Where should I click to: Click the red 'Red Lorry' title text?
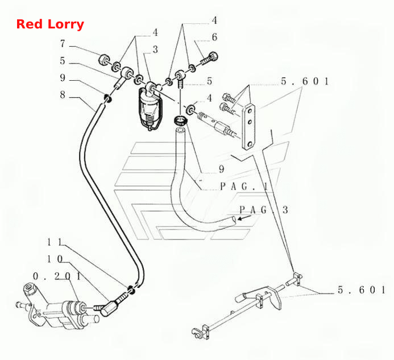pyautogui.click(x=50, y=24)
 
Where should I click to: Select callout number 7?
pyautogui.click(x=63, y=44)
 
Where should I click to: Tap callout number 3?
pyautogui.click(x=155, y=49)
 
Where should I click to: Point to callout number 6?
pyautogui.click(x=214, y=37)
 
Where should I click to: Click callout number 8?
pyautogui.click(x=63, y=95)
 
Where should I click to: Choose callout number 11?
pyautogui.click(x=55, y=242)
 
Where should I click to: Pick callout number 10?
pyautogui.click(x=55, y=259)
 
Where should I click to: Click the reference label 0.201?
pyautogui.click(x=57, y=276)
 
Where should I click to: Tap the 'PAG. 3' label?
pyautogui.click(x=264, y=210)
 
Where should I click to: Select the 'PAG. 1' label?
pyautogui.click(x=244, y=187)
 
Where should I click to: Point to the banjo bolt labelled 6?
pyautogui.click(x=209, y=59)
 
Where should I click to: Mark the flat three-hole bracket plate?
pyautogui.click(x=249, y=127)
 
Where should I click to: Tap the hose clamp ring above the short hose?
pyautogui.click(x=181, y=119)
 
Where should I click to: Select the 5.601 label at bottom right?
pyautogui.click(x=362, y=290)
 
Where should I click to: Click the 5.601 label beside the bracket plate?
pyautogui.click(x=305, y=81)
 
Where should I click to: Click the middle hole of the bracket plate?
pyautogui.click(x=250, y=122)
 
